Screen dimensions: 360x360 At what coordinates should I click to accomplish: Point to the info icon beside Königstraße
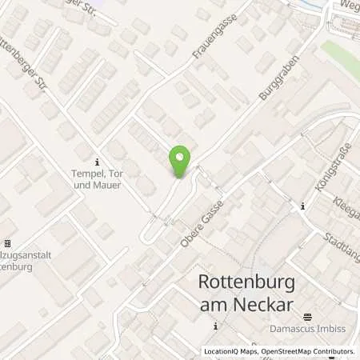click(302, 207)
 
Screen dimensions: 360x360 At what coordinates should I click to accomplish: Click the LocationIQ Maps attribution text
click(231, 351)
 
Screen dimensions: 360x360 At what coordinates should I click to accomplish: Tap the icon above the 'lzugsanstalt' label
click(8, 243)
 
